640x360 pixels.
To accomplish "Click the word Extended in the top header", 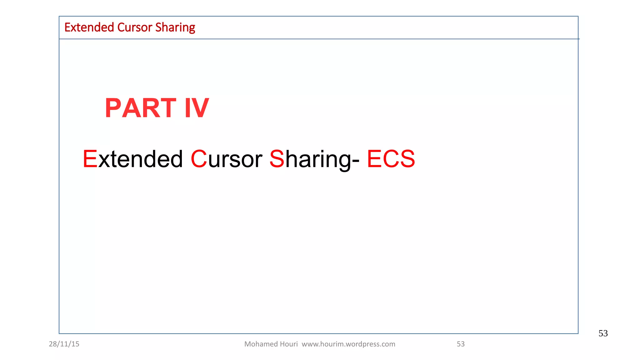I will point(89,27).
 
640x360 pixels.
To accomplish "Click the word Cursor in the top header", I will point(135,27).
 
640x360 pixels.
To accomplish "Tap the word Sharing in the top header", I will point(175,28).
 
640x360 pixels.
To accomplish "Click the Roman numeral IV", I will point(197,108).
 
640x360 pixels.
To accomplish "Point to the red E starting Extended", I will point(90,159).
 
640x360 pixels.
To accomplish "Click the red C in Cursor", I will point(199,159).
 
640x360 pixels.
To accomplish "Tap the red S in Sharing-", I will point(277,159).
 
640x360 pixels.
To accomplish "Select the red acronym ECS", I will point(391,159).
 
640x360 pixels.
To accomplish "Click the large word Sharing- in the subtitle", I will point(314,159).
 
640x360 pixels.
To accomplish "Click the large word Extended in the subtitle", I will point(132,159).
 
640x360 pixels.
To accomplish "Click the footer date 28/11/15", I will point(64,344).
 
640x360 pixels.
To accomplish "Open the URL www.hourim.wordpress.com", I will point(348,344).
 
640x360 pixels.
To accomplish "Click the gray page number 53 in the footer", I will point(461,344).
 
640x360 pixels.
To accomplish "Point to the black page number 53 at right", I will point(603,333).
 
